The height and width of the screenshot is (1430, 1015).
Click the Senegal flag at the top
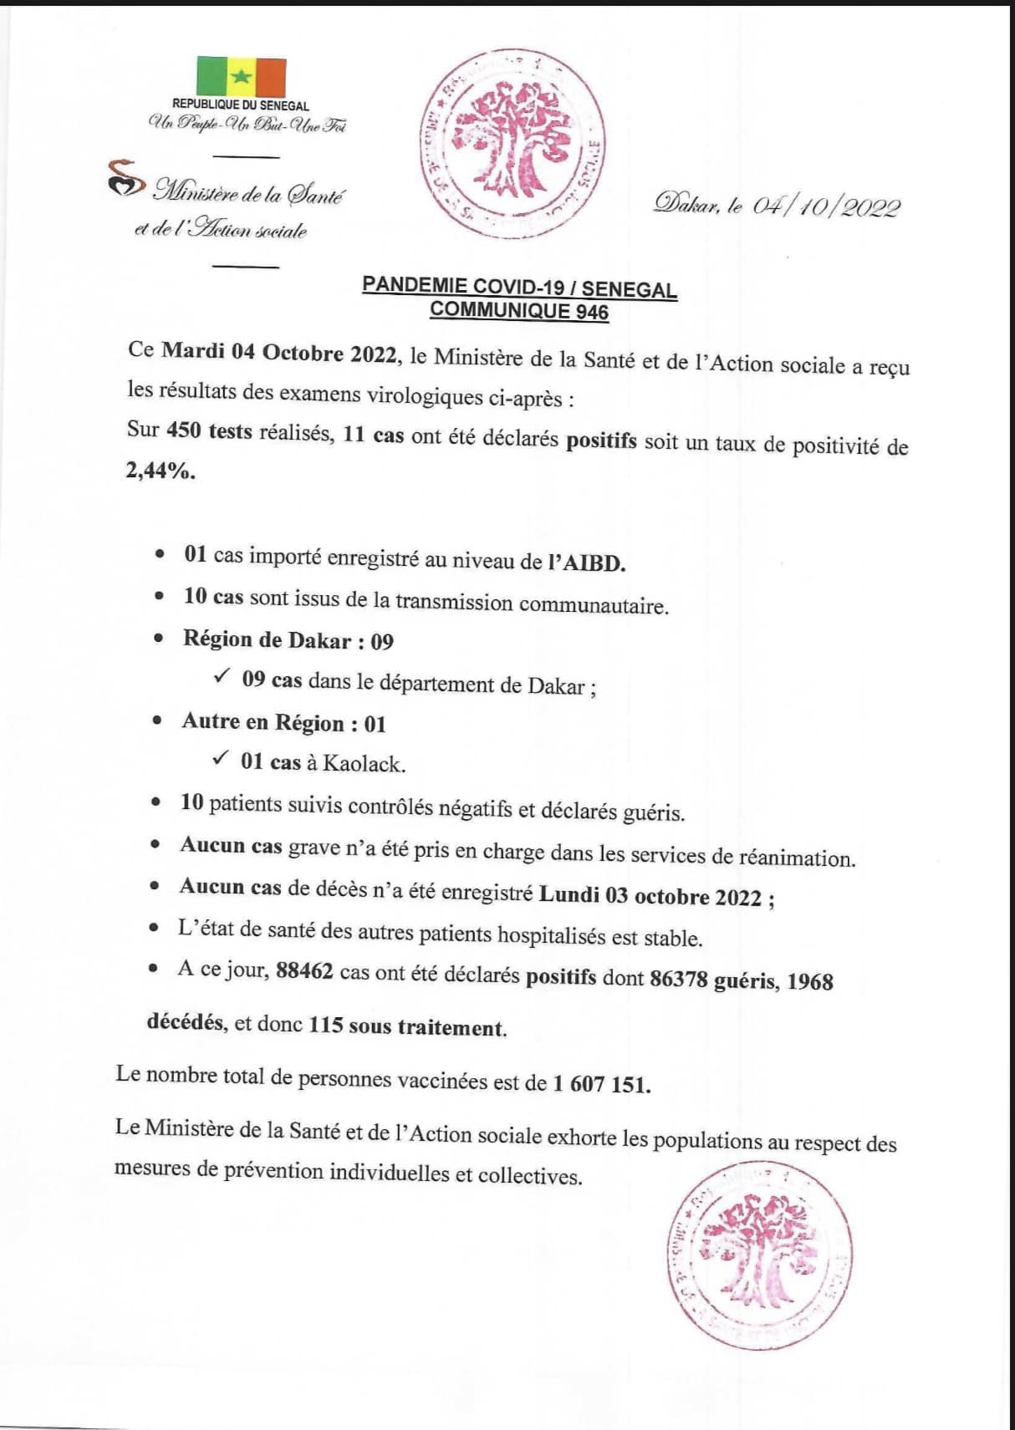click(241, 77)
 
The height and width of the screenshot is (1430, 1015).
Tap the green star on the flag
click(241, 77)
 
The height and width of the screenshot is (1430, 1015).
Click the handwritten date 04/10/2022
click(826, 206)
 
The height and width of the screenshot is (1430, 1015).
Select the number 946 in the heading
click(591, 313)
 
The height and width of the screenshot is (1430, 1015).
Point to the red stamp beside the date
click(512, 144)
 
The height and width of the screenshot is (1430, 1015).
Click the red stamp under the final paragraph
click(760, 1253)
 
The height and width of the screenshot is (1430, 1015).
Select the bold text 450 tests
click(209, 431)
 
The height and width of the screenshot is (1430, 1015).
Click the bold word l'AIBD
click(587, 563)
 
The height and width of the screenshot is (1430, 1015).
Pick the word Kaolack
click(364, 764)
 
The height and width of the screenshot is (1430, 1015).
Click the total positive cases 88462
click(304, 972)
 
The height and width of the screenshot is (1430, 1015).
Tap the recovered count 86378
click(678, 978)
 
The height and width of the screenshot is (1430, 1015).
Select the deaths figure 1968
click(810, 981)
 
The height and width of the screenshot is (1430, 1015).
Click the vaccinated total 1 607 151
click(601, 1085)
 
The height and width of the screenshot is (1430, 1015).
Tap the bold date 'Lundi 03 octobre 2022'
click(650, 897)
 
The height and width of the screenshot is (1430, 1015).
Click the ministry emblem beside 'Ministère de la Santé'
click(125, 179)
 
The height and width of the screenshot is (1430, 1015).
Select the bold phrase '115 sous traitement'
click(406, 1026)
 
